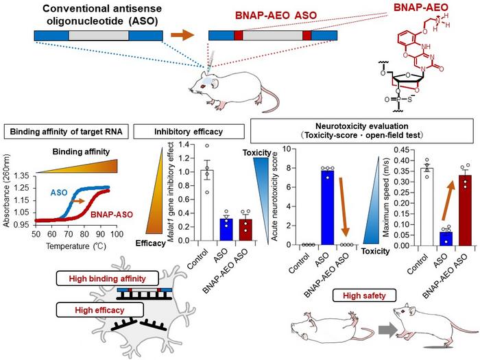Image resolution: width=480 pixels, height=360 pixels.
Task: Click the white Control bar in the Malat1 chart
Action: pos(207,205)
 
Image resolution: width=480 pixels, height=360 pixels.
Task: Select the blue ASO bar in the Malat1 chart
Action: pos(226,230)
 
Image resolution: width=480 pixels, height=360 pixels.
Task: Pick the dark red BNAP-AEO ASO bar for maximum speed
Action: pos(465,211)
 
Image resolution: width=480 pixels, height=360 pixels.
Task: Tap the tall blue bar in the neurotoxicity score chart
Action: pos(327,208)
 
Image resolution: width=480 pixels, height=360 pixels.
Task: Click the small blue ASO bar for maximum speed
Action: pos(446,239)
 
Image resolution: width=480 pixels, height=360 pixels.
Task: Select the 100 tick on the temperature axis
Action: pos(117,235)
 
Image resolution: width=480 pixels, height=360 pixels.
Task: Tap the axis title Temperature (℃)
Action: pos(76,245)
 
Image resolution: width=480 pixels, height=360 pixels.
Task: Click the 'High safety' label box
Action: pos(364,296)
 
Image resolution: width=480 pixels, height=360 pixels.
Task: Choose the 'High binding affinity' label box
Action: pos(108,278)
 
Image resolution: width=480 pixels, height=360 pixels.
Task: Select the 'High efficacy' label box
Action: pos(100,310)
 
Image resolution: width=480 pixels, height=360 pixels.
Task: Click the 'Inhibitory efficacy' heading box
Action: pos(189,132)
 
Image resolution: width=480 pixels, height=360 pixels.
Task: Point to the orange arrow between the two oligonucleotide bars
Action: pos(182,35)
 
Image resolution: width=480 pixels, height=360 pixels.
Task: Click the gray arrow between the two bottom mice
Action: pos(388,331)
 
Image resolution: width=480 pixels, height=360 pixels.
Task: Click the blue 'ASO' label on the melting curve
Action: pos(59,193)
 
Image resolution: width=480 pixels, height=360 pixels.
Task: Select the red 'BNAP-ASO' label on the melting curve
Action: pos(112,214)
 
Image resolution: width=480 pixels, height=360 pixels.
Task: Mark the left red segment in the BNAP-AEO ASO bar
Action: pos(239,35)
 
